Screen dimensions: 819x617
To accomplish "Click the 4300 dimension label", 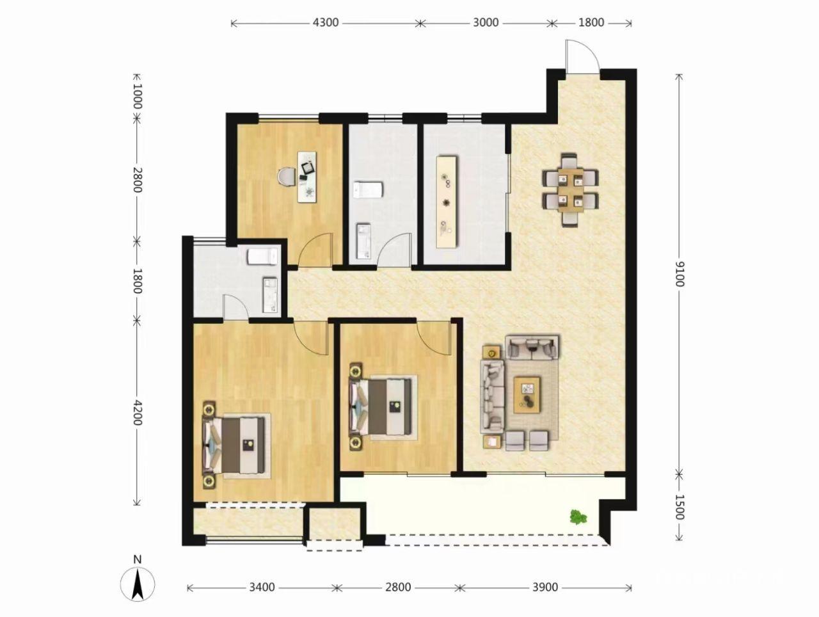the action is pyautogui.click(x=326, y=23).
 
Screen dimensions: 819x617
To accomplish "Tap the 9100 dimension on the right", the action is pyautogui.click(x=680, y=275).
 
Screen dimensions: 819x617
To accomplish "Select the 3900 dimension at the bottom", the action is pyautogui.click(x=545, y=587).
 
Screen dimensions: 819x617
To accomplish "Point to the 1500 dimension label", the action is pyautogui.click(x=680, y=507).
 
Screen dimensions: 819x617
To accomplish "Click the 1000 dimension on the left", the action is pyautogui.click(x=137, y=96).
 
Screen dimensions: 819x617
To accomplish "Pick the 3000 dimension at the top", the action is pyautogui.click(x=486, y=23).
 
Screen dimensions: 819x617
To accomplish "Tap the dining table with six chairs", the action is pyautogui.click(x=571, y=190).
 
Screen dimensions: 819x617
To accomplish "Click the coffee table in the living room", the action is pyautogui.click(x=527, y=395).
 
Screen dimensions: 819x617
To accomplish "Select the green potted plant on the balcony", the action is pyautogui.click(x=578, y=517).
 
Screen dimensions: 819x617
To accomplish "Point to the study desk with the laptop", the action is pyautogui.click(x=306, y=177).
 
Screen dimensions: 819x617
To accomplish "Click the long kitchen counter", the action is pyautogui.click(x=447, y=202).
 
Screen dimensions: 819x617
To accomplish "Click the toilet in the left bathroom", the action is pyautogui.click(x=262, y=257).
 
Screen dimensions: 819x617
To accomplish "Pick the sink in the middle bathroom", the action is pyautogui.click(x=363, y=241).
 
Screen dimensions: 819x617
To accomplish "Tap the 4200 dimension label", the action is pyautogui.click(x=137, y=412).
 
